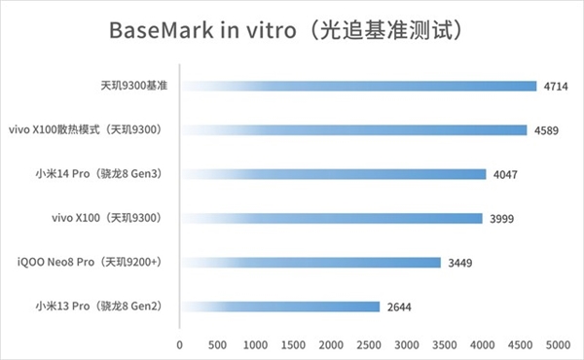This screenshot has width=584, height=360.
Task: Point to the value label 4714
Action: point(556,87)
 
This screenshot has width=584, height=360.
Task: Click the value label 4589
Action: point(546,130)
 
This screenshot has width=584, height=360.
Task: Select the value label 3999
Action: point(501,219)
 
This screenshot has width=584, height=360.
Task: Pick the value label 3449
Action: point(459,263)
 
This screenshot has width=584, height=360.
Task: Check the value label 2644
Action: point(399,307)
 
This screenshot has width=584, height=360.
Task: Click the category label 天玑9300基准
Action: point(134,87)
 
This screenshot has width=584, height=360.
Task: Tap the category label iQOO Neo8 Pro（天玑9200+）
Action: point(90,263)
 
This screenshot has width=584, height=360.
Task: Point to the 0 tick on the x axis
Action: point(180,344)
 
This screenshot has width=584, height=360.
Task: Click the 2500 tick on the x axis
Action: point(369,344)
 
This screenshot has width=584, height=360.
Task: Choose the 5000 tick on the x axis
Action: point(558,344)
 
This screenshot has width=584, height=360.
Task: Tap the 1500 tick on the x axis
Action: point(293,344)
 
